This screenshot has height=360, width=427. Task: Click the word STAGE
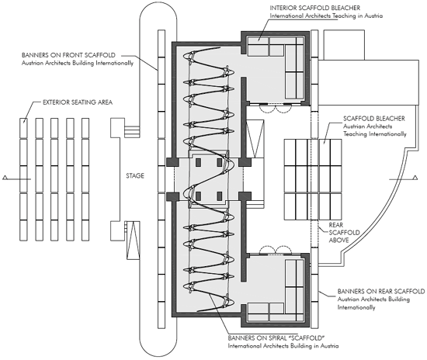(x=135, y=176)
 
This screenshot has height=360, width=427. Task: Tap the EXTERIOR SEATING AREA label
(x=78, y=102)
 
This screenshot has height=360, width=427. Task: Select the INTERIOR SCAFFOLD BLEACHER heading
(x=314, y=8)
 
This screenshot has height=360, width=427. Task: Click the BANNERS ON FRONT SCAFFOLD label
(x=68, y=55)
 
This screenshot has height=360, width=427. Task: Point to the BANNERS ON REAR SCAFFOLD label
(x=381, y=291)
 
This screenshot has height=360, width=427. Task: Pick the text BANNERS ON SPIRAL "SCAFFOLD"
(x=276, y=338)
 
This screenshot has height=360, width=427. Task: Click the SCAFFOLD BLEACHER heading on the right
(x=374, y=119)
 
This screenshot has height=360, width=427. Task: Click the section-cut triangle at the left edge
(x=5, y=178)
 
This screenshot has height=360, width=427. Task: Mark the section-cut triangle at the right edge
(x=415, y=178)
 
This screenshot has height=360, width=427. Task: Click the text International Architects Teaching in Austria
(x=326, y=16)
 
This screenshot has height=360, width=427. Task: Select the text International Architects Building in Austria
(x=283, y=346)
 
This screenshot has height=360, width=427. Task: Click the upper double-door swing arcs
(x=276, y=109)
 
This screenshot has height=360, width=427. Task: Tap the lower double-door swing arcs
(x=276, y=250)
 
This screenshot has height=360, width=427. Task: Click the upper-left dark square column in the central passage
(x=198, y=162)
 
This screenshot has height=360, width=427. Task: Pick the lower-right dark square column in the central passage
(x=219, y=196)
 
